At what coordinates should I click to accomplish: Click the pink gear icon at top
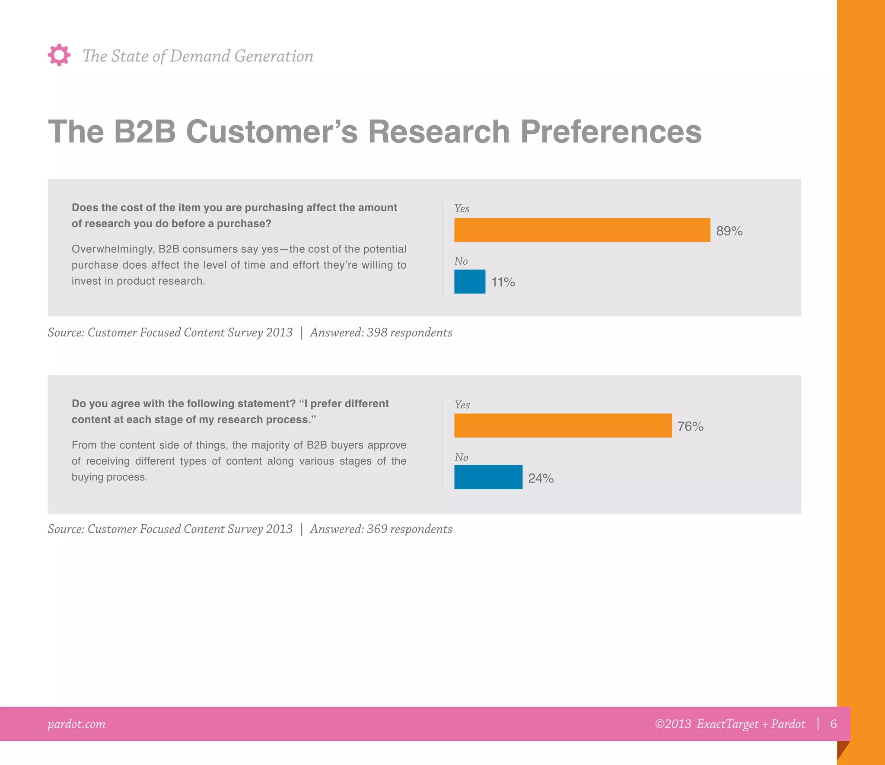(59, 55)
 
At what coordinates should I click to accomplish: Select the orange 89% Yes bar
(582, 230)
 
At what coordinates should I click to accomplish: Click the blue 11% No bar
(470, 282)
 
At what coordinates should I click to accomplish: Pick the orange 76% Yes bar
(563, 425)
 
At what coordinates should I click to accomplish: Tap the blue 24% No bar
(488, 477)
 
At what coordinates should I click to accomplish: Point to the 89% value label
(729, 231)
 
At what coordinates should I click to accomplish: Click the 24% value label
(541, 478)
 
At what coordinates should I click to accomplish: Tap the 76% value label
(690, 426)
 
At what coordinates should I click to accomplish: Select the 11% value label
(503, 282)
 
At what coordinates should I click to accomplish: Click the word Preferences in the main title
(611, 131)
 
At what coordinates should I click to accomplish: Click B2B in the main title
(144, 131)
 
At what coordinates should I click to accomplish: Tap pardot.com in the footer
(76, 724)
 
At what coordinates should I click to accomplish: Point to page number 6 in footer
(834, 724)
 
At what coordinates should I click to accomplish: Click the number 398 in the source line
(377, 333)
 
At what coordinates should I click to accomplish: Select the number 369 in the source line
(377, 529)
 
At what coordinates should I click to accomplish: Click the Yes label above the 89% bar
(462, 209)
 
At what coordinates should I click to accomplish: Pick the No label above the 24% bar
(461, 457)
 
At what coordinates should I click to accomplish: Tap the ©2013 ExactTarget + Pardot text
(730, 724)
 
